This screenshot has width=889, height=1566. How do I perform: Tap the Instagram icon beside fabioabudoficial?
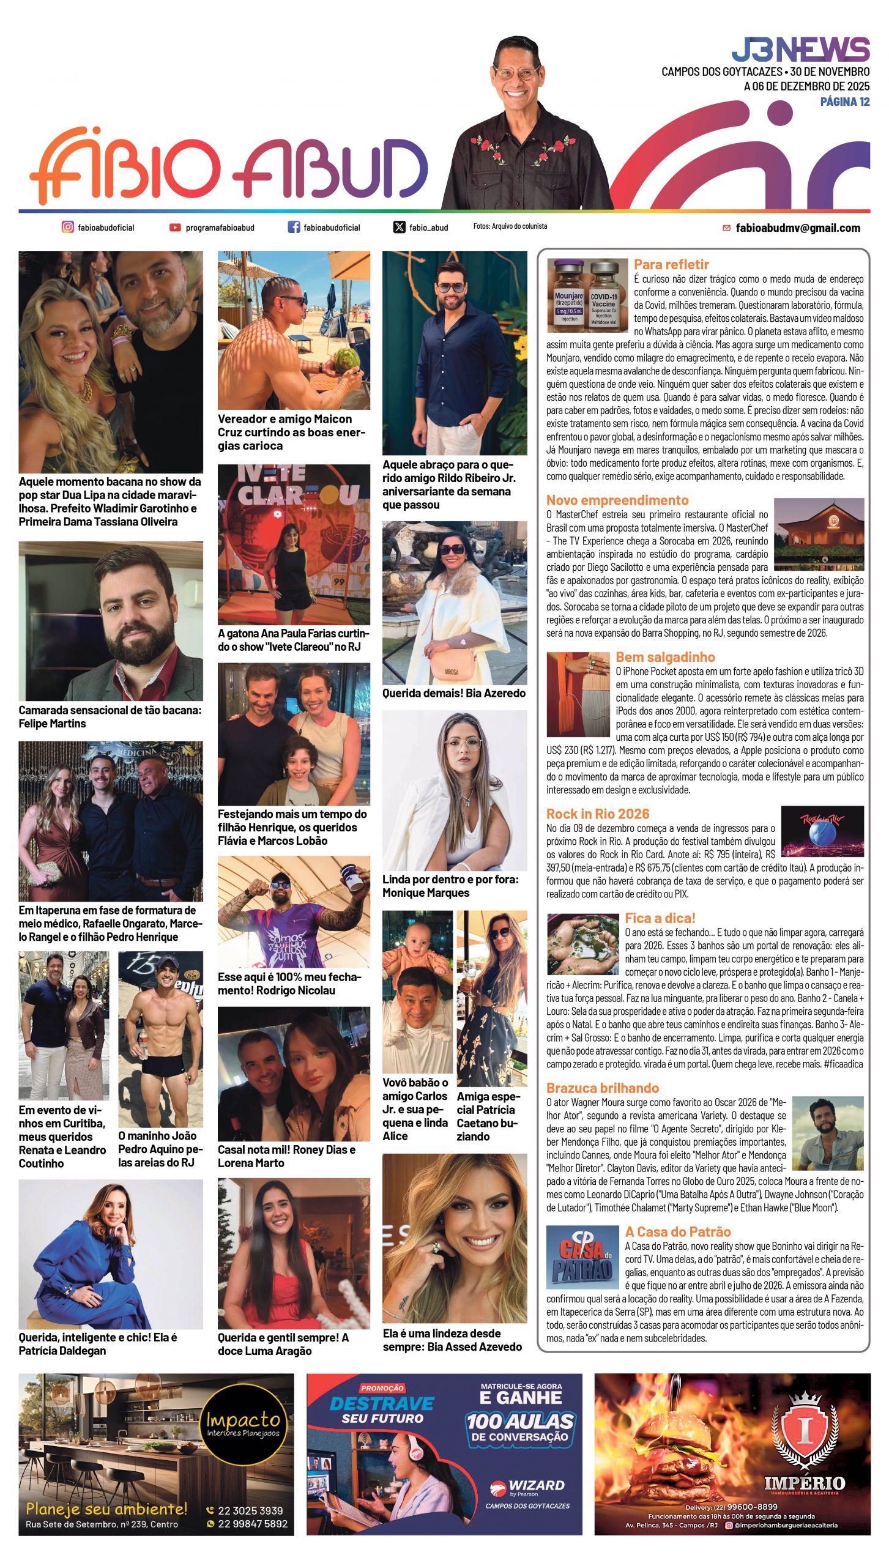click(67, 227)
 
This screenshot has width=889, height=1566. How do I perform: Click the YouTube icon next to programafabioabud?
click(175, 228)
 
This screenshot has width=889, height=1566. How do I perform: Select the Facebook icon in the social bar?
click(294, 227)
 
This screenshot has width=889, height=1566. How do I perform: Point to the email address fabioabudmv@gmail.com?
click(797, 228)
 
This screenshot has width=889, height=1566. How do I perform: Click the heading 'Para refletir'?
click(671, 264)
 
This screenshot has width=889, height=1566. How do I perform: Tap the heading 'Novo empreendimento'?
click(617, 500)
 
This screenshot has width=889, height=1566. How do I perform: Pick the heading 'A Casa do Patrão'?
click(677, 1231)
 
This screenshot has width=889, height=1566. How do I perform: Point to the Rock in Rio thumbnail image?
click(822, 831)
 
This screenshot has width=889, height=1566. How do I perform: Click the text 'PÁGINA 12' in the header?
click(844, 102)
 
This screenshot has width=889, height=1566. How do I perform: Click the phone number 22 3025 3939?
click(250, 1510)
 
